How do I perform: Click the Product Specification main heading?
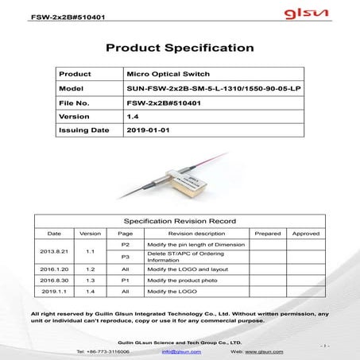click(x=180, y=48)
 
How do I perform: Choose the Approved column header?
click(x=305, y=234)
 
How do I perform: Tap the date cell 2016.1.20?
click(x=54, y=269)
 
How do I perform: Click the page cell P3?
click(x=125, y=257)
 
